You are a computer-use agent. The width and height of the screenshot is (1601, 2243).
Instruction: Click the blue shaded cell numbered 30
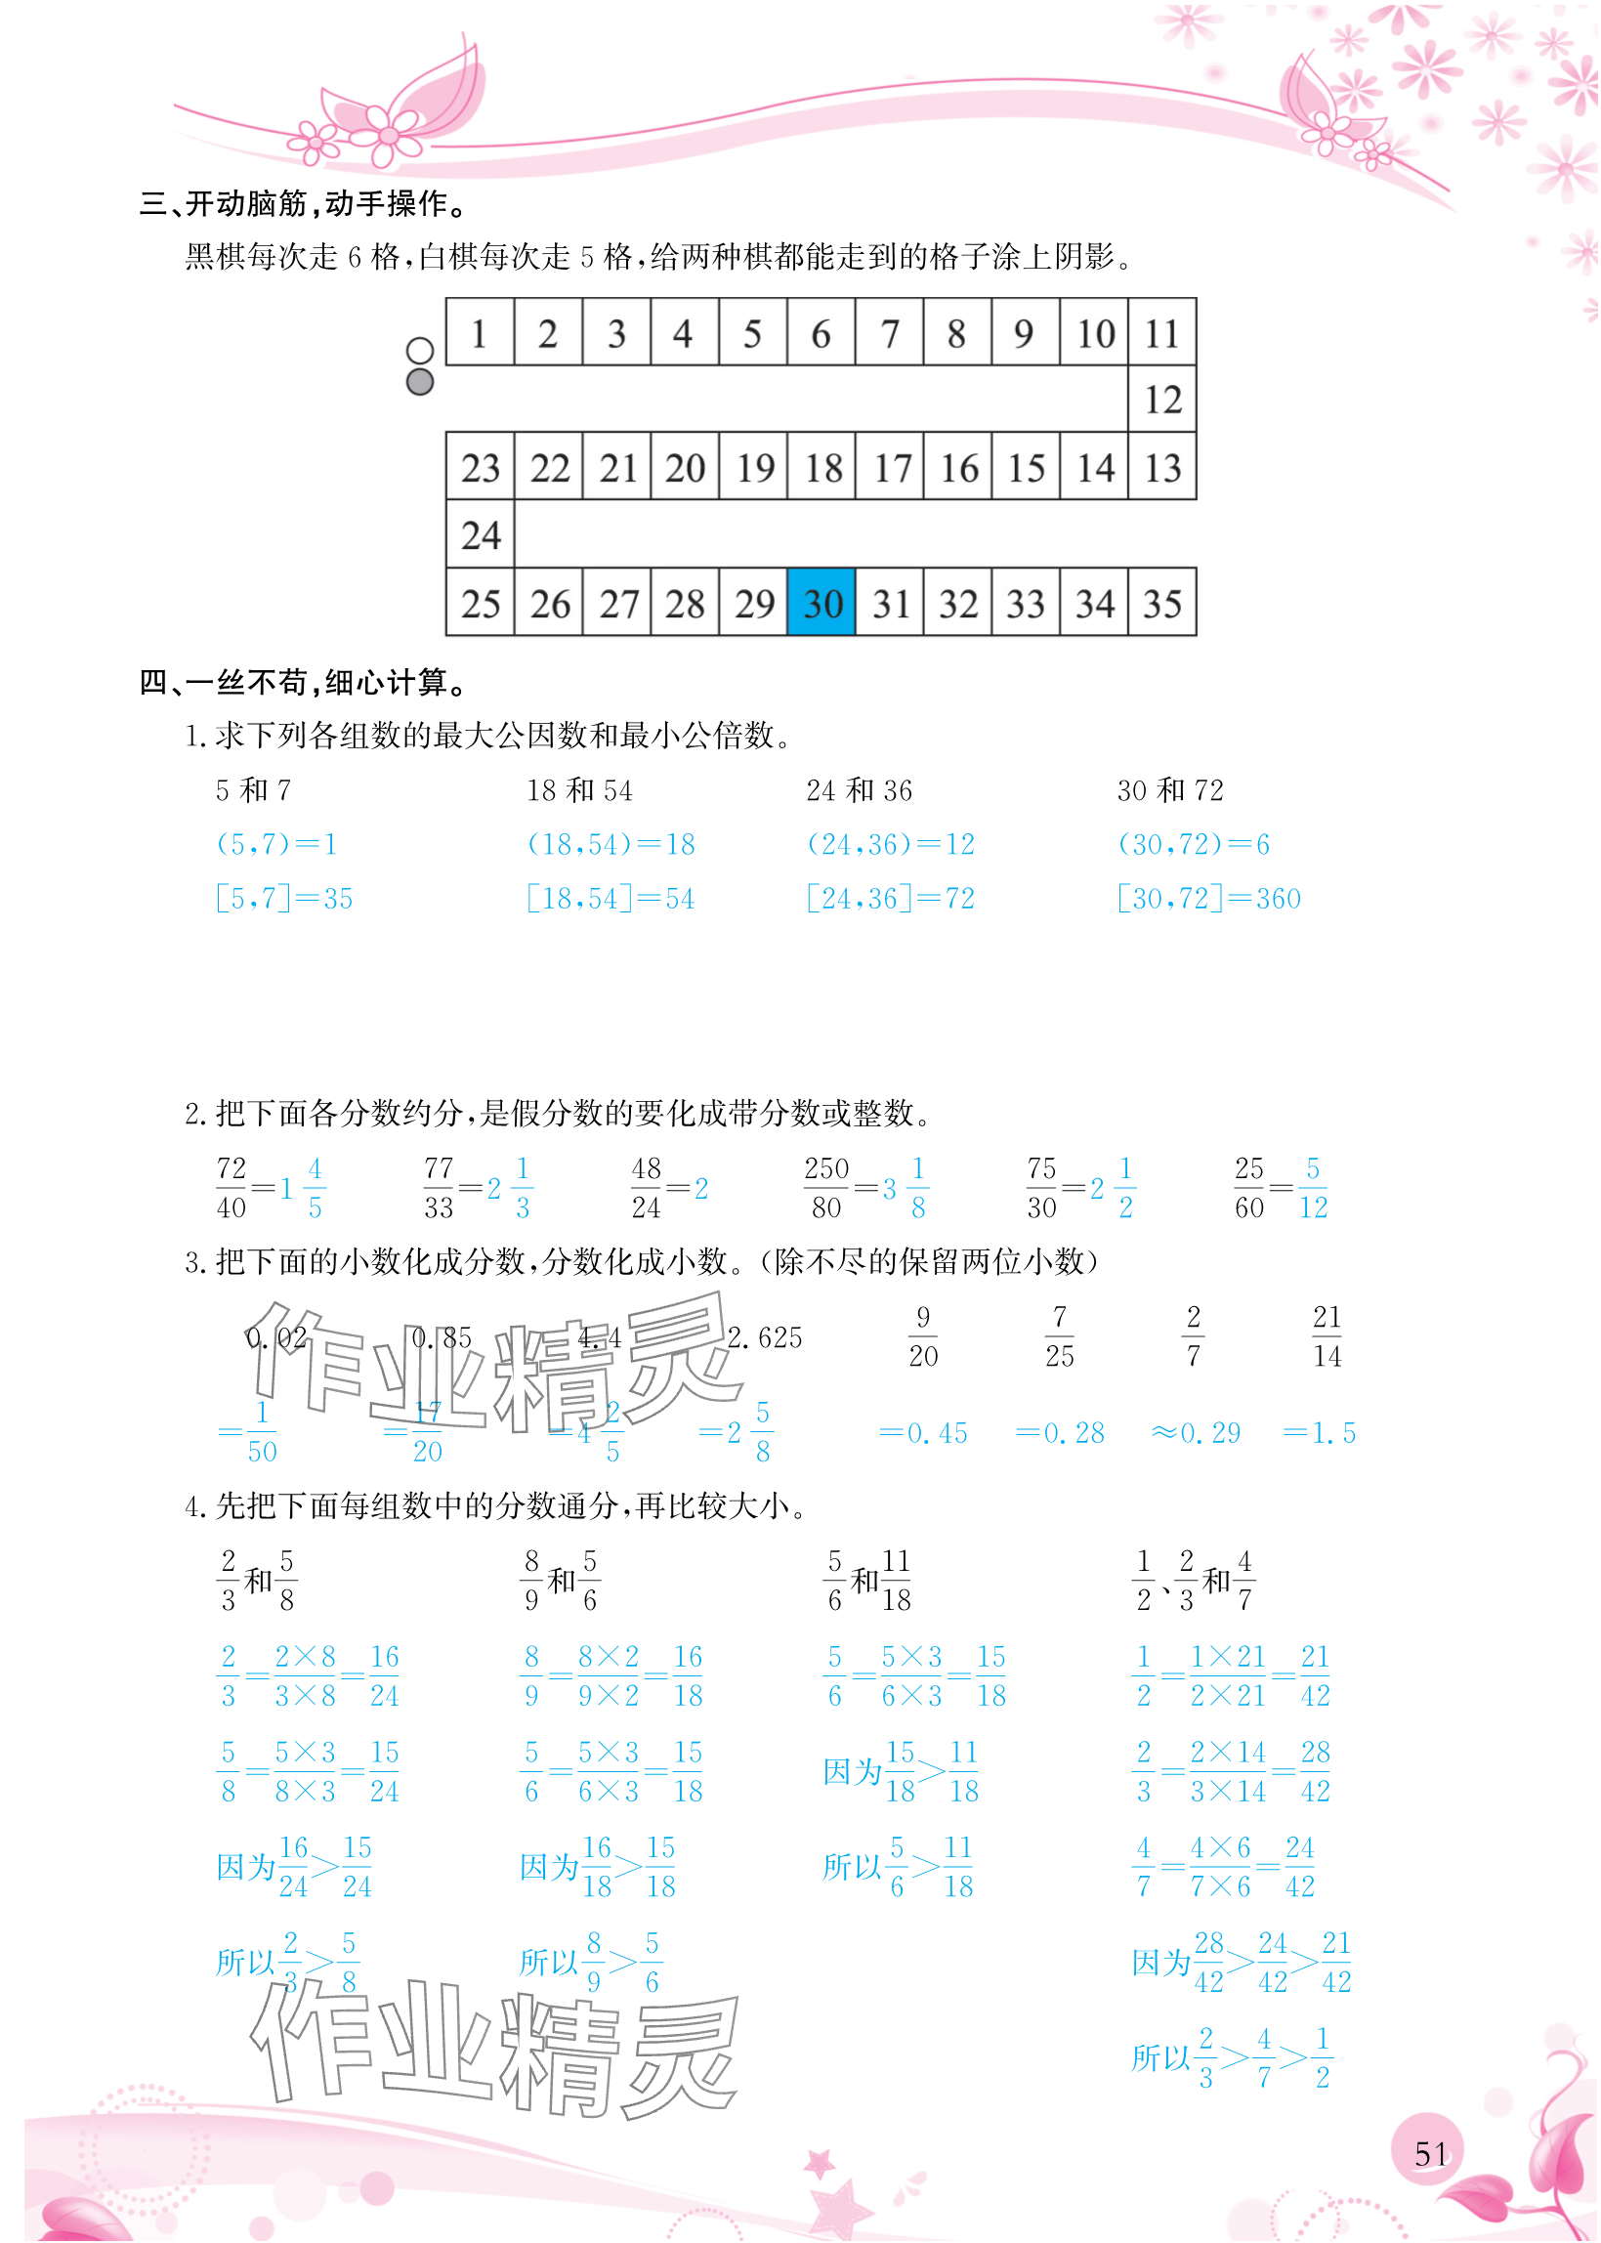click(822, 603)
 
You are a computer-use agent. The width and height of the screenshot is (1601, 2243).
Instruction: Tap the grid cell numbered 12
click(1162, 400)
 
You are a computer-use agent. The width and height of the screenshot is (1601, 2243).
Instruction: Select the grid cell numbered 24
click(480, 534)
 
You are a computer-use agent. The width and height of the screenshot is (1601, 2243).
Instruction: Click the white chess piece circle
click(420, 351)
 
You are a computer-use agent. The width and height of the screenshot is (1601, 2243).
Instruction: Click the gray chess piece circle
click(420, 382)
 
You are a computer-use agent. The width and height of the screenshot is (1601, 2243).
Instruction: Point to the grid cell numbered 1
click(480, 333)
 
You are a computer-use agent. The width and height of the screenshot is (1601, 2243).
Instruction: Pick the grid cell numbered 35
click(1162, 603)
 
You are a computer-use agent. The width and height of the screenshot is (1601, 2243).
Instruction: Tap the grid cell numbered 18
click(822, 467)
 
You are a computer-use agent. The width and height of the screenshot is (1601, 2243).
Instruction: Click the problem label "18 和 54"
click(579, 790)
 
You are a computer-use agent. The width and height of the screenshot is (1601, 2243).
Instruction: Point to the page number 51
click(1430, 2153)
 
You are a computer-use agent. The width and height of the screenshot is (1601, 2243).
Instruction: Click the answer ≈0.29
click(1196, 1432)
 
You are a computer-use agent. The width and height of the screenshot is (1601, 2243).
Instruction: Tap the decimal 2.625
click(765, 1338)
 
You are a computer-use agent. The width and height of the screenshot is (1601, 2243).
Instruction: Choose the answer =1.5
click(1319, 1432)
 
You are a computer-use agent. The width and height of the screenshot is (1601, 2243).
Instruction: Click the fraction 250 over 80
click(826, 1188)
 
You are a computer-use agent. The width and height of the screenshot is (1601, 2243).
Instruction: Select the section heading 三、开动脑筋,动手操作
click(306, 204)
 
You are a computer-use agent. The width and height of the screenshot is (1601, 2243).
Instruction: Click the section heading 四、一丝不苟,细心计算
click(306, 682)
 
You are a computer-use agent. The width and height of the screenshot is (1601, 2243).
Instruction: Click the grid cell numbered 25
click(480, 603)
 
